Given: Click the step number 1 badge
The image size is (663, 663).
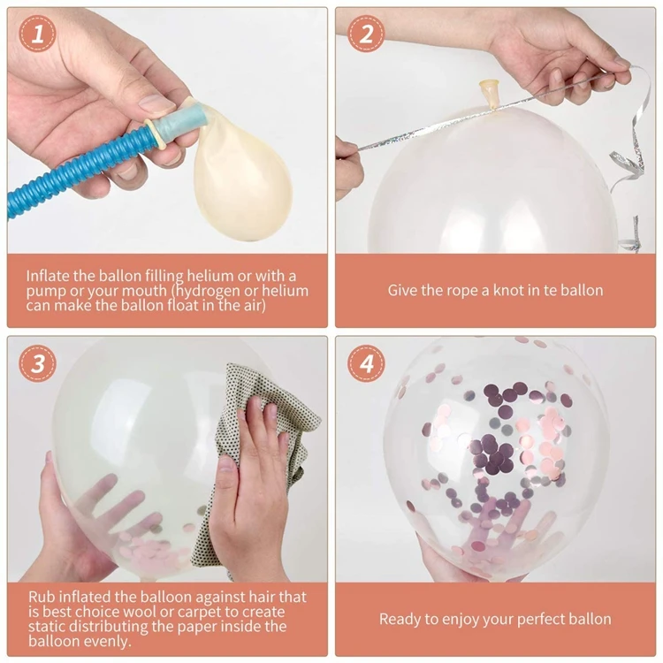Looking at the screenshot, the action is click(x=37, y=34).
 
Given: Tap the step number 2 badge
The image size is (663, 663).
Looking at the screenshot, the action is click(x=366, y=34).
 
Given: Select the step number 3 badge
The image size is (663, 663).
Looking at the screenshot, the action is click(x=37, y=363).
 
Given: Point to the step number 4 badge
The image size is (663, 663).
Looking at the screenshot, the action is click(x=366, y=363).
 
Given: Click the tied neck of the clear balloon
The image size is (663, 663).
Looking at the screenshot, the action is click(x=489, y=95).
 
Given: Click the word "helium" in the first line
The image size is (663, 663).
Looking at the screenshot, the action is click(x=210, y=276).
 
